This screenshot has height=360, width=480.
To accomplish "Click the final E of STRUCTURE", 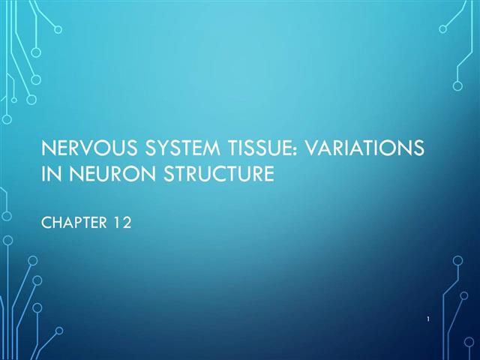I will [265, 175].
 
